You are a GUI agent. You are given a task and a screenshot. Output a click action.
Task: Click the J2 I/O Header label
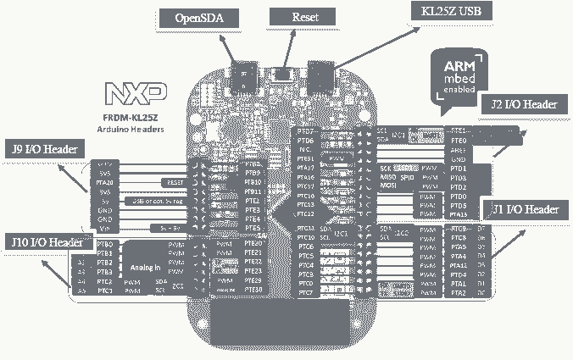point(523,105)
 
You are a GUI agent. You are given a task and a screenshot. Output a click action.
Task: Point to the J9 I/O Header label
point(45,149)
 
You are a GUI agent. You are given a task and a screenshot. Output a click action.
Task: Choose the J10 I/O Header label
point(47,242)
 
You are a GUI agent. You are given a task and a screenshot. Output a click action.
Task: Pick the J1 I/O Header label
point(525,209)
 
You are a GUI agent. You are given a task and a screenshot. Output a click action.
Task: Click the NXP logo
point(135,91)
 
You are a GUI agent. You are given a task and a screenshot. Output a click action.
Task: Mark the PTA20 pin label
point(105,182)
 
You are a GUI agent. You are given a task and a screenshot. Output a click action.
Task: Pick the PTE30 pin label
point(252,291)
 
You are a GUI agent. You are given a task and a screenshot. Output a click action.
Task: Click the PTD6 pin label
point(306,141)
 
